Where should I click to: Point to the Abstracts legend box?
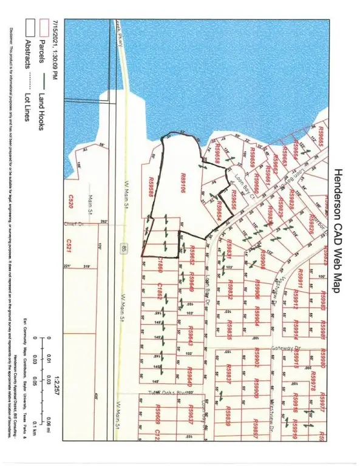click(28, 30)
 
